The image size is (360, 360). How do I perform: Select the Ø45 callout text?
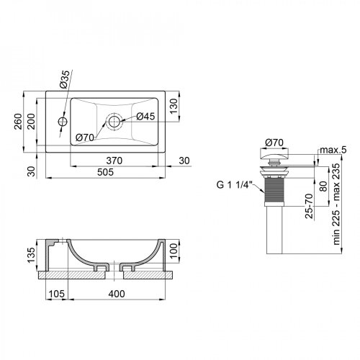click(x=146, y=117)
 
